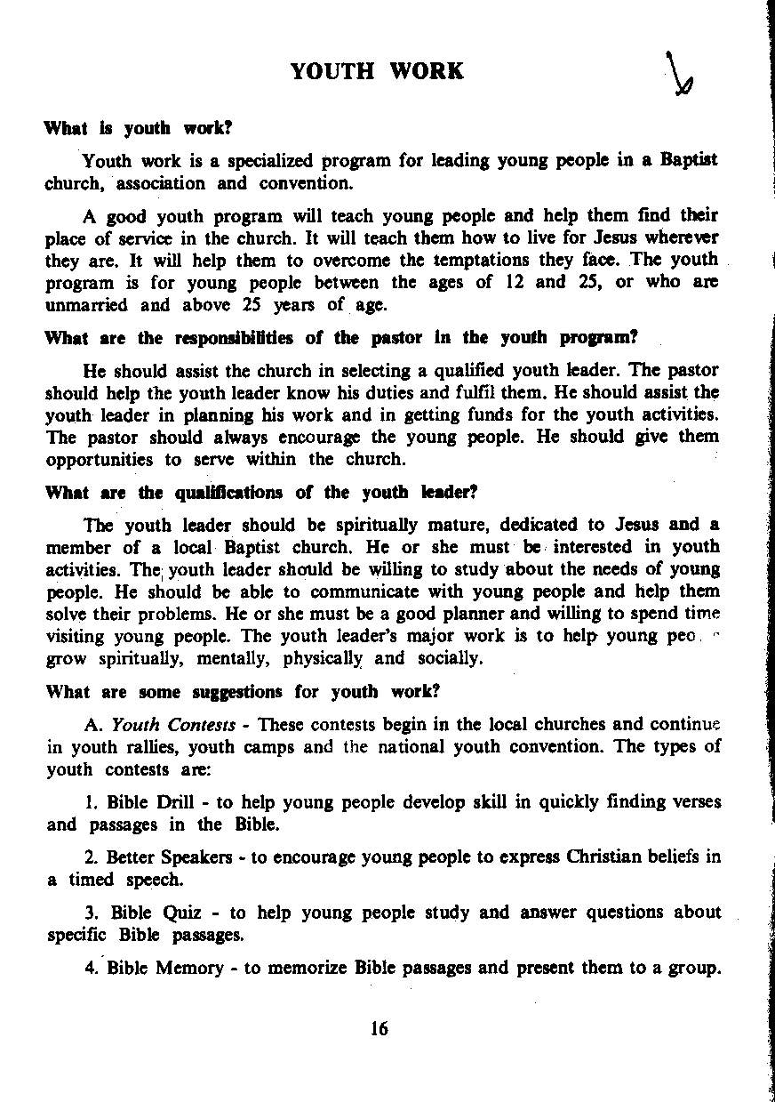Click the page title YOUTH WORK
pyautogui.click(x=377, y=71)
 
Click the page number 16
pyautogui.click(x=380, y=1029)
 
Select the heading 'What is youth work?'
pyautogui.click(x=138, y=128)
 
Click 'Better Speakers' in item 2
pyautogui.click(x=169, y=857)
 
